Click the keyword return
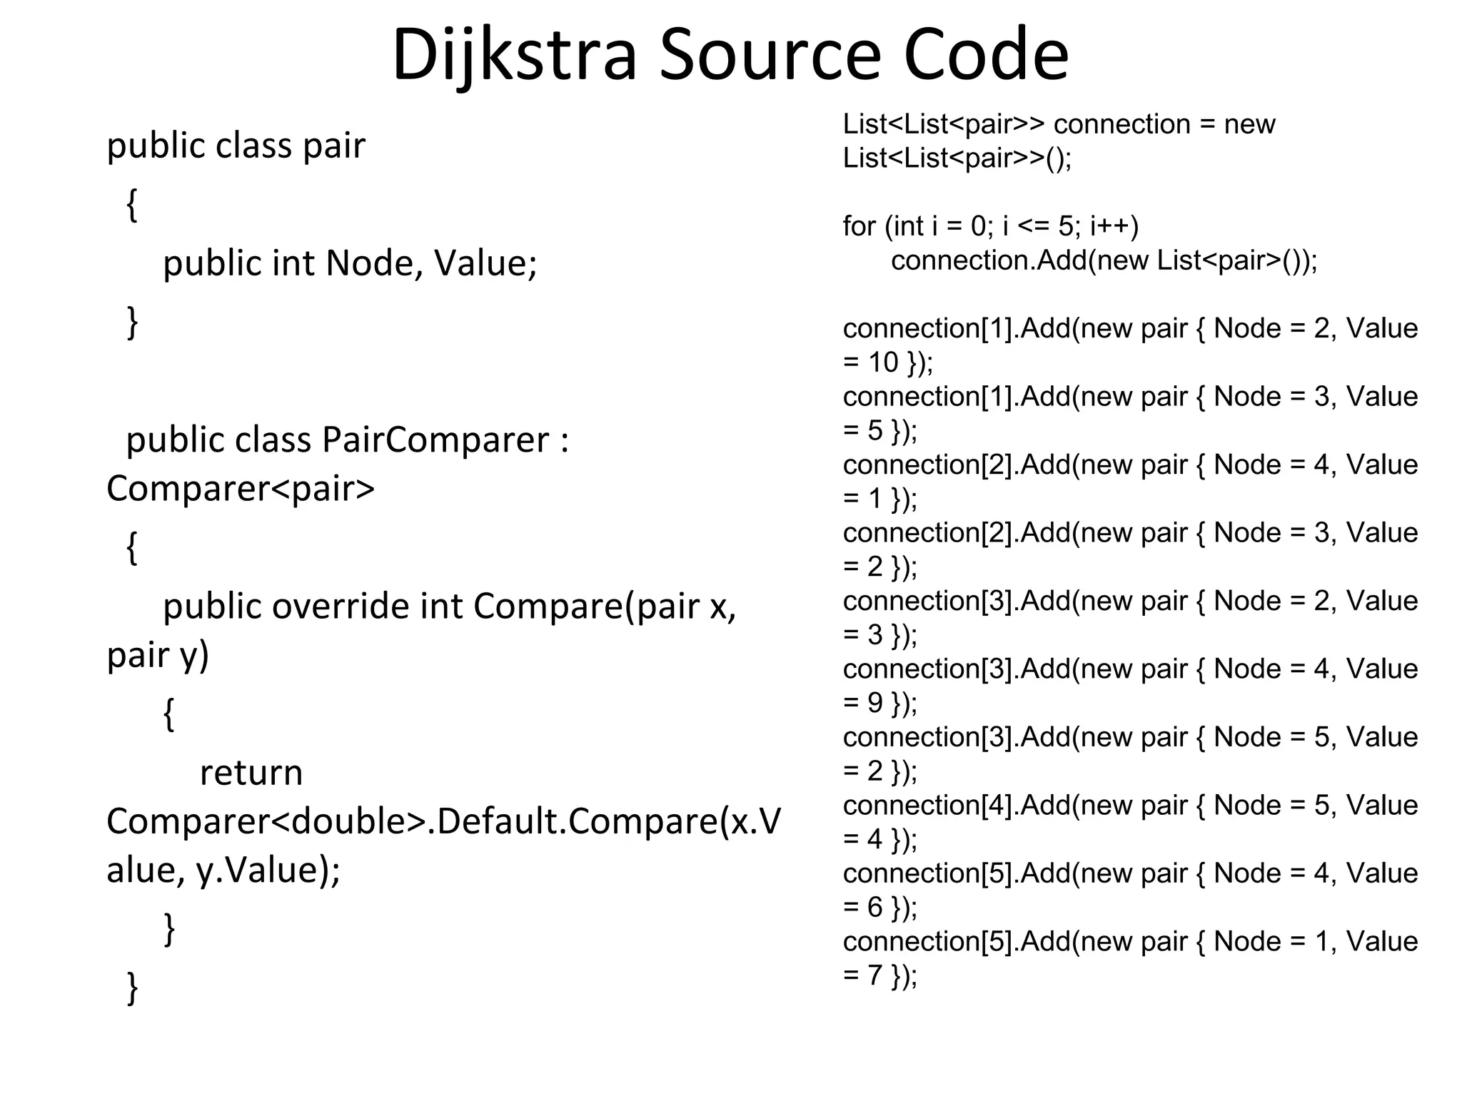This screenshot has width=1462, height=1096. [x=251, y=773]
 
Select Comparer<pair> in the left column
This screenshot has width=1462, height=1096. [x=241, y=489]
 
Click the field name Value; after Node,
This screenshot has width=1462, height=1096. [x=485, y=263]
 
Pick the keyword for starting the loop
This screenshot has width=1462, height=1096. [x=859, y=227]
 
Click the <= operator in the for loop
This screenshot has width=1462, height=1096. [x=1034, y=227]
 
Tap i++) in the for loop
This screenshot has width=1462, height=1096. [x=1114, y=227]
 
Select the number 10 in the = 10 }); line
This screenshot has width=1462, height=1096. [x=882, y=363]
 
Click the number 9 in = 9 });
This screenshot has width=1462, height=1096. [x=875, y=704]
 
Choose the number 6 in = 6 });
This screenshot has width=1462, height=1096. [x=875, y=908]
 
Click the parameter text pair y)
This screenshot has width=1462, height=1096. [x=158, y=656]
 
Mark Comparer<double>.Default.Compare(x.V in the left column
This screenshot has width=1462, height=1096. [x=443, y=822]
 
